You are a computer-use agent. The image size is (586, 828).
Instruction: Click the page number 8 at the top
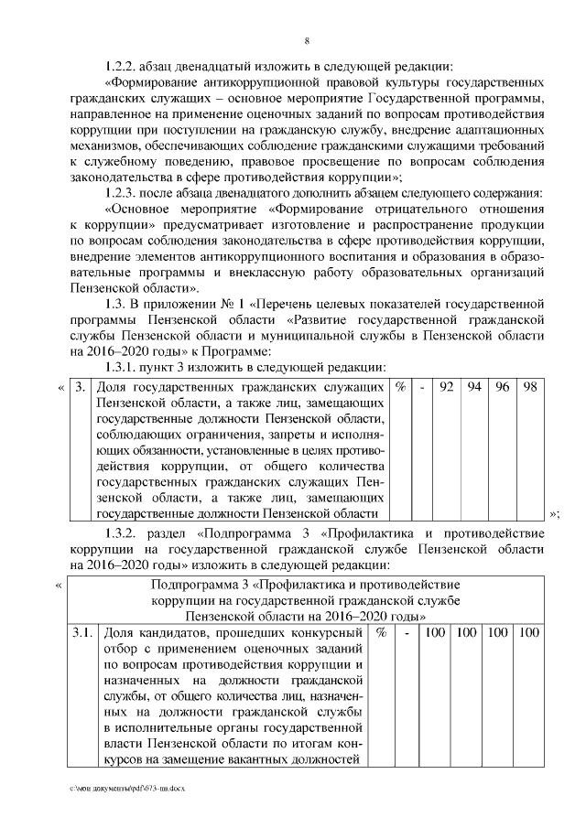click(307, 40)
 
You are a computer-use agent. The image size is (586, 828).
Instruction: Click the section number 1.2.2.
click(123, 67)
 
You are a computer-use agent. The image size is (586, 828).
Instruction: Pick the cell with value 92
click(447, 388)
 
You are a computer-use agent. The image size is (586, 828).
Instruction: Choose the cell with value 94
click(474, 388)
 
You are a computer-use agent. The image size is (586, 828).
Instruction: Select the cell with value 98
click(530, 388)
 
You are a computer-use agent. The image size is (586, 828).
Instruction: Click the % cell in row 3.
click(400, 388)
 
